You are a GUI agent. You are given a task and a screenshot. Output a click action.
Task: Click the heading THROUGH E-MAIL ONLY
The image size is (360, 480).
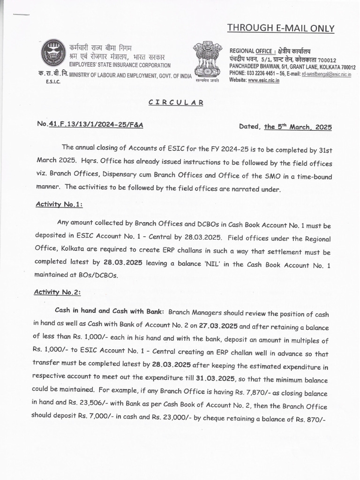tap(281, 29)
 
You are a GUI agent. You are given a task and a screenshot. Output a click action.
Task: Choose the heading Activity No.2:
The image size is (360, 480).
tap(57, 292)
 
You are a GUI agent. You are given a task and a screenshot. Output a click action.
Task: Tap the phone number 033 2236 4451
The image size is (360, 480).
tap(267, 74)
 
